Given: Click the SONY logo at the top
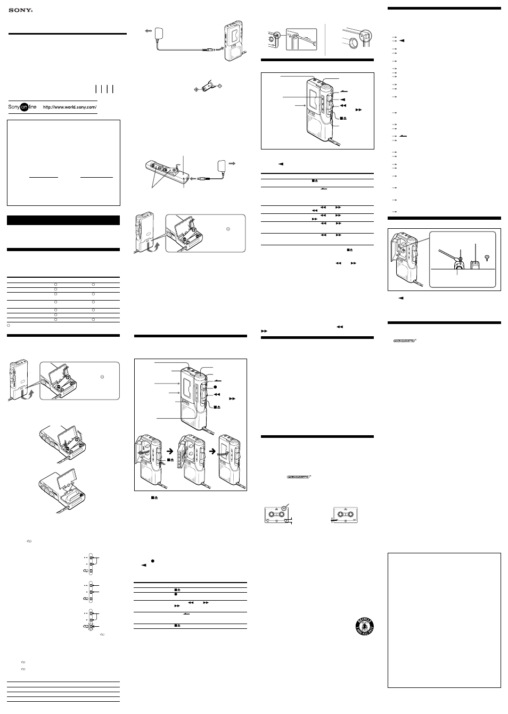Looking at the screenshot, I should tap(20, 9).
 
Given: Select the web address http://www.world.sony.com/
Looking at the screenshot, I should tap(69, 107).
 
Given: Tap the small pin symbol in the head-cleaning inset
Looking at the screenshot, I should tap(487, 257).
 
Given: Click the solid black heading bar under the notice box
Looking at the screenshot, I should tap(63, 220).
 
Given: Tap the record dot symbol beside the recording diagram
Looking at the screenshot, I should tap(216, 387).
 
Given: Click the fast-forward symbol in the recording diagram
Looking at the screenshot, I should tap(230, 398).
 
